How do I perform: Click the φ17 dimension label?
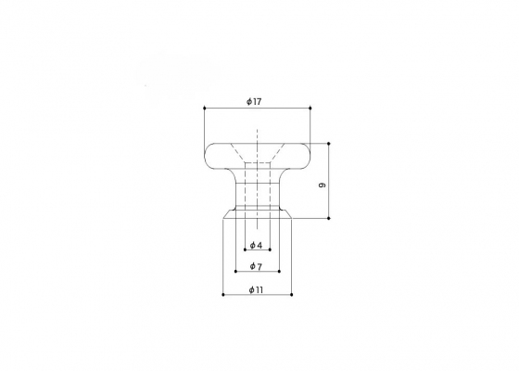(254, 101)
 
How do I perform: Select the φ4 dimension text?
(256, 245)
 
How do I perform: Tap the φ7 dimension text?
(256, 266)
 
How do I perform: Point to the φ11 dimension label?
(256, 289)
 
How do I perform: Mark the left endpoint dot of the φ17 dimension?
(204, 108)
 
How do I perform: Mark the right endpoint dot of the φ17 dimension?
(310, 108)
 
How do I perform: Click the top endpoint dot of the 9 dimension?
(329, 144)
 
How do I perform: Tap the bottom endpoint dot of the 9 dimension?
(329, 218)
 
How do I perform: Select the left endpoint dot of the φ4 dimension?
(245, 249)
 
